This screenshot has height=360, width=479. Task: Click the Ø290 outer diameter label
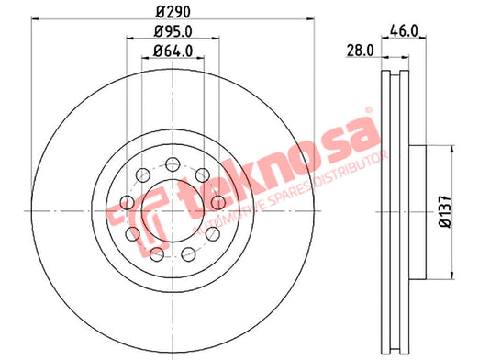pyautogui.click(x=173, y=12)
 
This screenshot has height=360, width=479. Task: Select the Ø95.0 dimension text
pyautogui.click(x=173, y=31)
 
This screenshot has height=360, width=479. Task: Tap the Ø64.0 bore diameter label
pyautogui.click(x=173, y=51)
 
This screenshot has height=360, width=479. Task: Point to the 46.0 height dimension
pyautogui.click(x=404, y=31)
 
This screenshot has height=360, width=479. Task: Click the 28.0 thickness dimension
pyautogui.click(x=360, y=51)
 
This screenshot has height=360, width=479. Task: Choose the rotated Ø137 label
pyautogui.click(x=445, y=211)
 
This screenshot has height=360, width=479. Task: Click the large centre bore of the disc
pyautogui.click(x=173, y=211)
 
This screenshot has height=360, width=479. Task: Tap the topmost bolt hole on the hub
pyautogui.click(x=173, y=164)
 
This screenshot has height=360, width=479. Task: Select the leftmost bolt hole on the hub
pyautogui.click(x=128, y=202)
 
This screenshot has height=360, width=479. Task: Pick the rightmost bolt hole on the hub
pyautogui.click(x=218, y=202)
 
